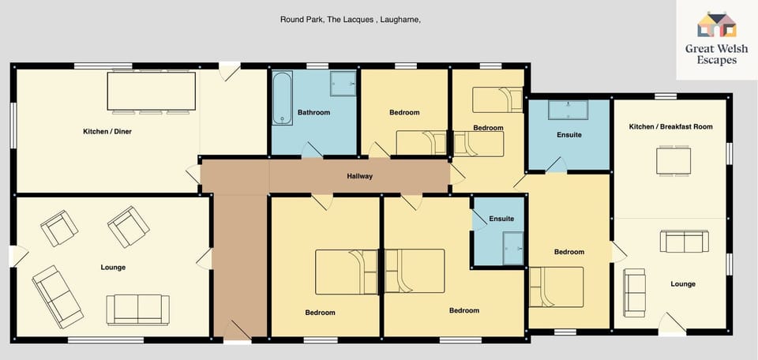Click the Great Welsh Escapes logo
716,39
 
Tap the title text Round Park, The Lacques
350,20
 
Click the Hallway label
359,176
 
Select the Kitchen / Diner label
107,131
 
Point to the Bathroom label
313,113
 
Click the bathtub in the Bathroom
282,99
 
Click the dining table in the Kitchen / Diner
152,90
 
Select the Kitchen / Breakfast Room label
670,127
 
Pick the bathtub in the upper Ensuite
568,111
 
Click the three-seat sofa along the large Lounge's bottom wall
138,309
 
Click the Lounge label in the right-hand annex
682,284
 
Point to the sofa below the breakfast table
683,242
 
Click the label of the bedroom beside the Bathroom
404,113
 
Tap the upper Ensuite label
568,135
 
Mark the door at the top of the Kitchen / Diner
231,72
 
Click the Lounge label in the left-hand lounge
113,268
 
